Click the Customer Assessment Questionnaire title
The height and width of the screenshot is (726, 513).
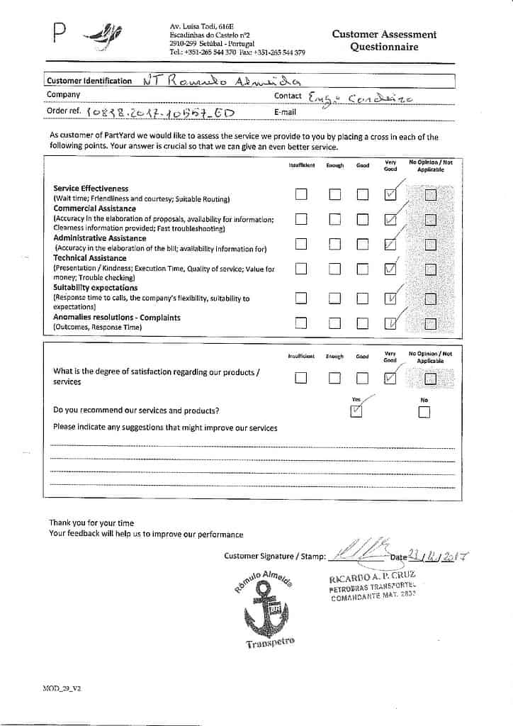[384, 40]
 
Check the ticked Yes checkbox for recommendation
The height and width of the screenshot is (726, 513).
[356, 411]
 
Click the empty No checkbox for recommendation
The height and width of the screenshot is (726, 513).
[424, 413]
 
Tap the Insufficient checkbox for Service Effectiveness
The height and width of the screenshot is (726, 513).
[301, 194]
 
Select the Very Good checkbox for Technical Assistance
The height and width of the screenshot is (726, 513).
[390, 268]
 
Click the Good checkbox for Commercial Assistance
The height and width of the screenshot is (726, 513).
[363, 219]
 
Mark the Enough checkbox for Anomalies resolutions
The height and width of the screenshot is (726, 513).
[334, 323]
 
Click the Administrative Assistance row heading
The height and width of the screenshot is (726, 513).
[100, 239]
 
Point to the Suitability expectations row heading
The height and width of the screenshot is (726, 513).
[96, 289]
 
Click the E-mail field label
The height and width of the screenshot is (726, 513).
[285, 112]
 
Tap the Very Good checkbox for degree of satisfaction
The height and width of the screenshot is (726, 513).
[390, 378]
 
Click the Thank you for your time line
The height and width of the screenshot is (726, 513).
[91, 523]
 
